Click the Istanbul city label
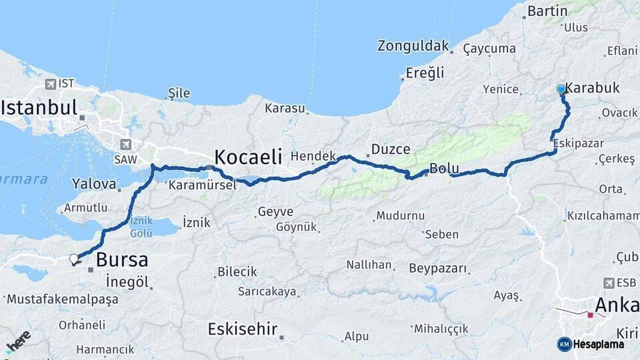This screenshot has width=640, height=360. coord(39,107)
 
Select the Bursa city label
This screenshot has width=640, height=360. coord(121,260)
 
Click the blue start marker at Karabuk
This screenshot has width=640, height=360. coord(561,89)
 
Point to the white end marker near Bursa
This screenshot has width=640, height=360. coord(74,259)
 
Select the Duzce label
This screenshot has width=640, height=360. coord(391,149)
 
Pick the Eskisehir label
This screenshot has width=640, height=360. coord(242,329)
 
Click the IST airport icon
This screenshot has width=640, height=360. coord(51,84)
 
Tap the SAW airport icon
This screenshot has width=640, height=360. coord(125,144)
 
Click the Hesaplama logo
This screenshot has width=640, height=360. coord(591,344)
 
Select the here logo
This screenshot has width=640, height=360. coord(19,341)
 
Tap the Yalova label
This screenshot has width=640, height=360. coord(94,183)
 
